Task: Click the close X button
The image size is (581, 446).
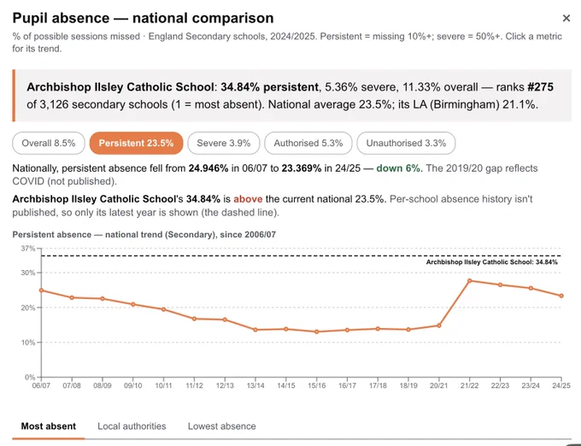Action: coord(566,18)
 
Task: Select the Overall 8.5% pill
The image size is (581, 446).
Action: coord(49,143)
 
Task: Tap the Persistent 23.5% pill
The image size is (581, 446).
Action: coord(137,143)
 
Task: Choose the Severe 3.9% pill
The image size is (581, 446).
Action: coord(224,143)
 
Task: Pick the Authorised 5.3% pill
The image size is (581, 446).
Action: coord(308,143)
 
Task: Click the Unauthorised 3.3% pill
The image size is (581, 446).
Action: coord(406,143)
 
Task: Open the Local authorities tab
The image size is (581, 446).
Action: coord(132,426)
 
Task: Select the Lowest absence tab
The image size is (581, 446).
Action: coord(222,426)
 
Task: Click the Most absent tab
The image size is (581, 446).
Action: coord(49,426)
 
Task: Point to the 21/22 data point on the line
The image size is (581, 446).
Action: coord(469,281)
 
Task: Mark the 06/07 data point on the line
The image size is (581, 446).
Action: coord(41,290)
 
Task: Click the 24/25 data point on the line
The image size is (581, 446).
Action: coord(561,296)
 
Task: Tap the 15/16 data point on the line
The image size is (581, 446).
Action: coord(316,332)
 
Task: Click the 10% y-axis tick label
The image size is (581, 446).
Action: coord(28,343)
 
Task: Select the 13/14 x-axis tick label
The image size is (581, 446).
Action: coord(255,385)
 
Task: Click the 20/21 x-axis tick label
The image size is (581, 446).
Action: coord(439,385)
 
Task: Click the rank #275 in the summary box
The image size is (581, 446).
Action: coord(540,87)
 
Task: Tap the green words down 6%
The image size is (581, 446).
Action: coord(398,168)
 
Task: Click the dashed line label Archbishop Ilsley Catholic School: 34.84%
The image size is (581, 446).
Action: coord(491,262)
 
